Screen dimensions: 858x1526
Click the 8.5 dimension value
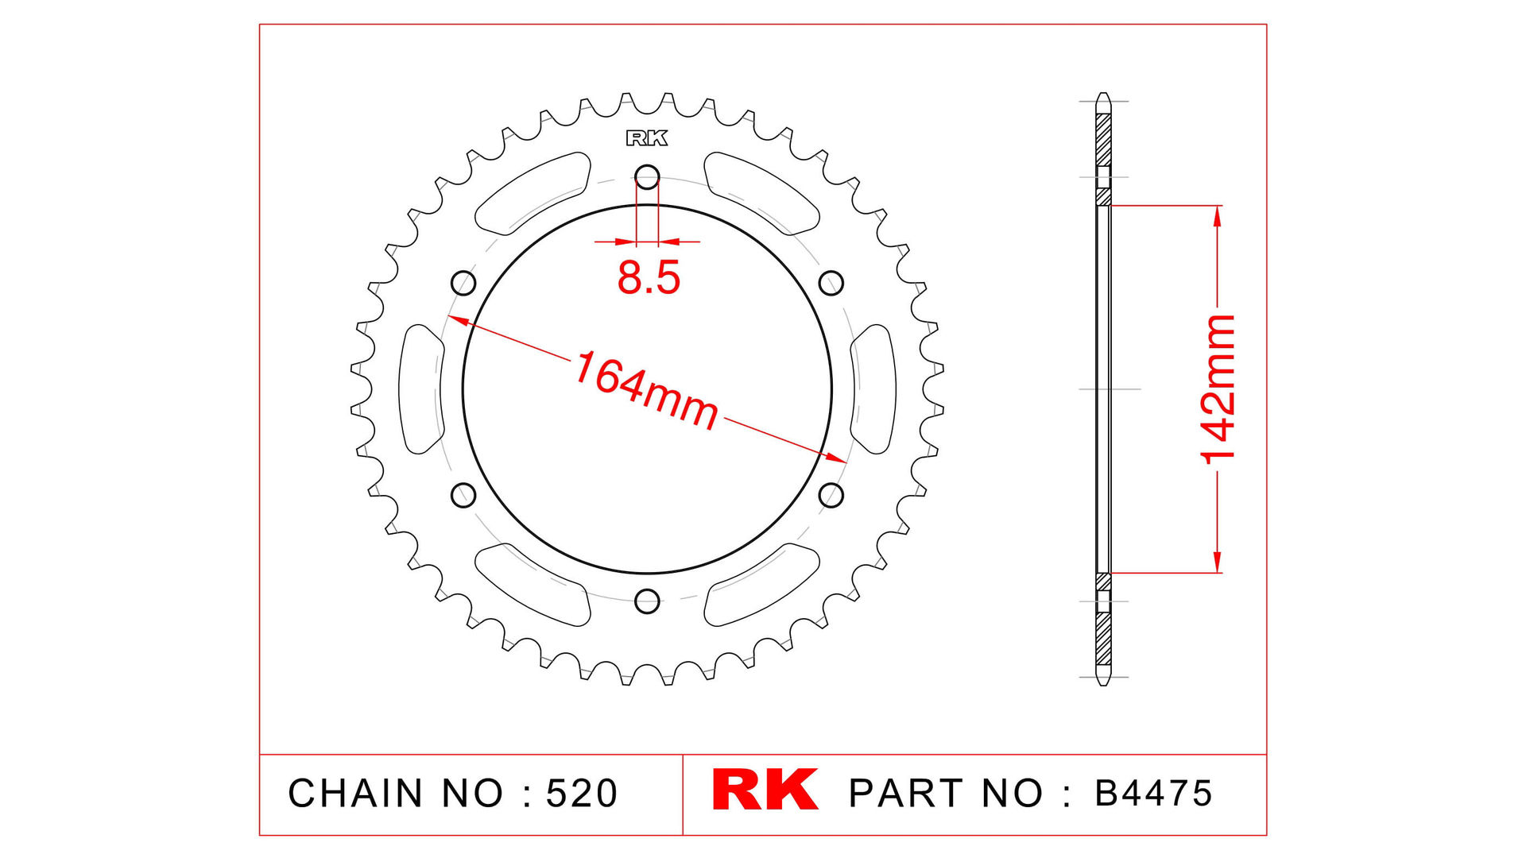tap(649, 278)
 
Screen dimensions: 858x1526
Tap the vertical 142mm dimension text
tap(1218, 388)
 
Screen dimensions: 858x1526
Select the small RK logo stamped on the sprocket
tap(647, 138)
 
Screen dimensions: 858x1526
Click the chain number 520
tap(582, 794)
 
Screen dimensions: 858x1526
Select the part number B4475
tap(1153, 794)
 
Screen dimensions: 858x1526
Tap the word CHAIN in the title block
tap(355, 794)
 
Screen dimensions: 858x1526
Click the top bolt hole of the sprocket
tap(648, 176)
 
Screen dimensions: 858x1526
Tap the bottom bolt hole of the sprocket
tap(648, 601)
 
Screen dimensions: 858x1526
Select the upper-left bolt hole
tap(463, 283)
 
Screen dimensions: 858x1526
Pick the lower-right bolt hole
tap(831, 496)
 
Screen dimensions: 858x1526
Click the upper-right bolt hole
tap(831, 283)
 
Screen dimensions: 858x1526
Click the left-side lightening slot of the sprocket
tap(420, 389)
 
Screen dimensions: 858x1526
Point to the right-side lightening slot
tap(873, 389)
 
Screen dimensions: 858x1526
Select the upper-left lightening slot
tap(533, 193)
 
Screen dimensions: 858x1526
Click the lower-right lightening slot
tap(761, 585)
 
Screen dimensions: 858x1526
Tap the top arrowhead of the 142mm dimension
tap(1217, 215)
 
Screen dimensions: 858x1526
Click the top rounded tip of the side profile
tap(1103, 97)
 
